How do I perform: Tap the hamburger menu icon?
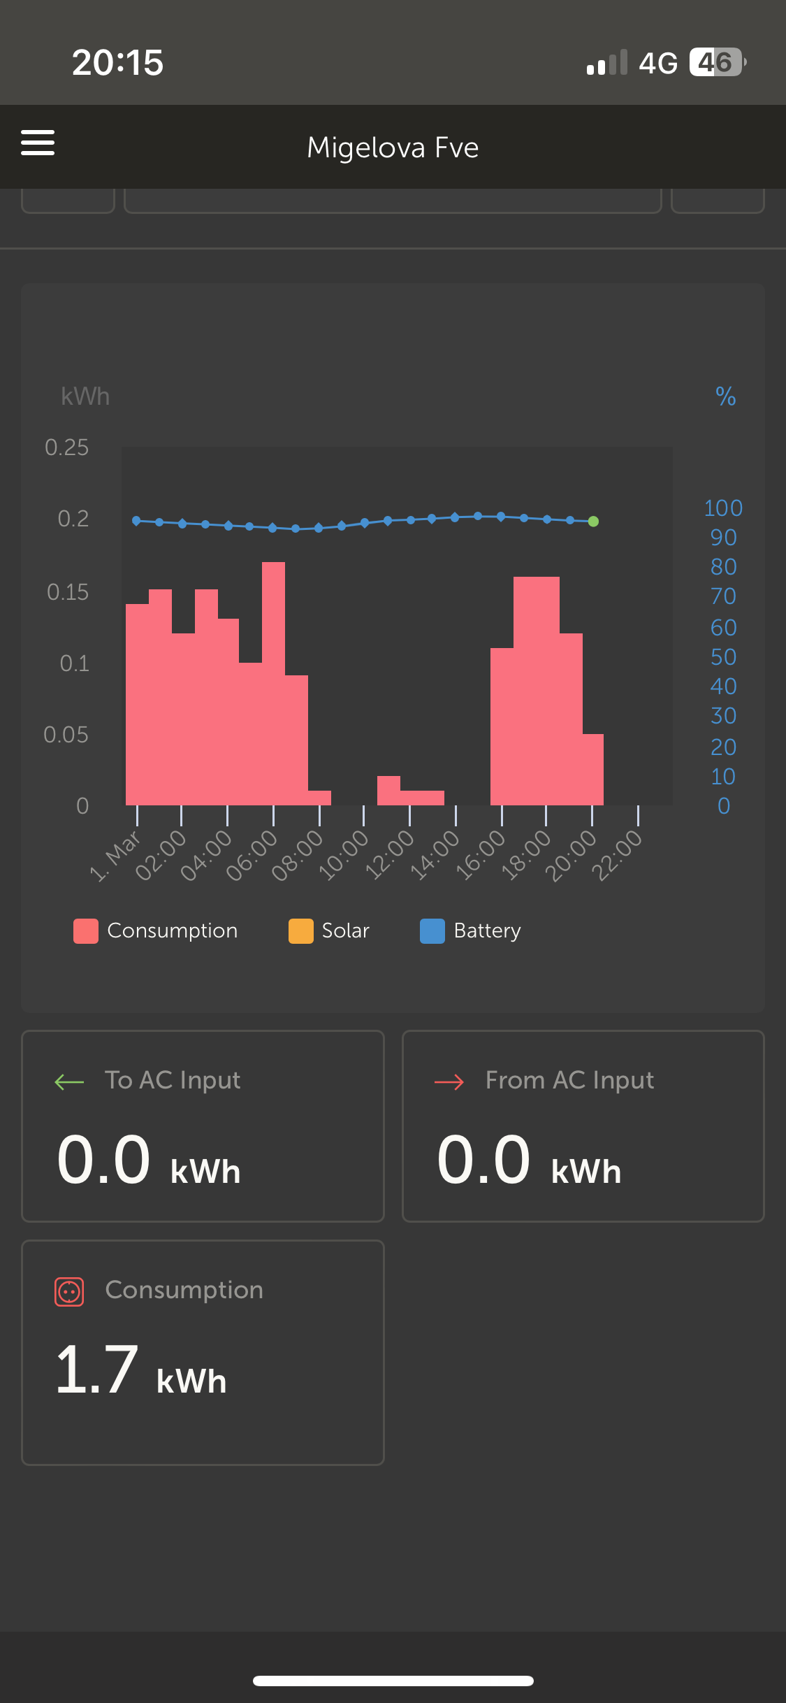click(38, 143)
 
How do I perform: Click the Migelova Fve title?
click(393, 148)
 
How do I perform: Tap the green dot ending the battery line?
click(593, 522)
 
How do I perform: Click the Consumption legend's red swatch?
click(86, 931)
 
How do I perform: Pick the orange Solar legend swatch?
click(300, 931)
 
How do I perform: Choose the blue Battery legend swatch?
click(432, 931)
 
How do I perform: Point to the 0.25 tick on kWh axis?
click(67, 447)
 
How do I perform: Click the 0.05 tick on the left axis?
click(66, 735)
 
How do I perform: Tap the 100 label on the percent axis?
click(723, 508)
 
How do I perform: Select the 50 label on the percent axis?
click(723, 657)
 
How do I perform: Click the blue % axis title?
click(725, 397)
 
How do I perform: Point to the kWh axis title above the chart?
click(85, 396)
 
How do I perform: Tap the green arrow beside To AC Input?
click(69, 1082)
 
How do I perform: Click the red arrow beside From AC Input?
click(449, 1082)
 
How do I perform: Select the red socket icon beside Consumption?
click(69, 1292)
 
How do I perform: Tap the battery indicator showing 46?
click(717, 62)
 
